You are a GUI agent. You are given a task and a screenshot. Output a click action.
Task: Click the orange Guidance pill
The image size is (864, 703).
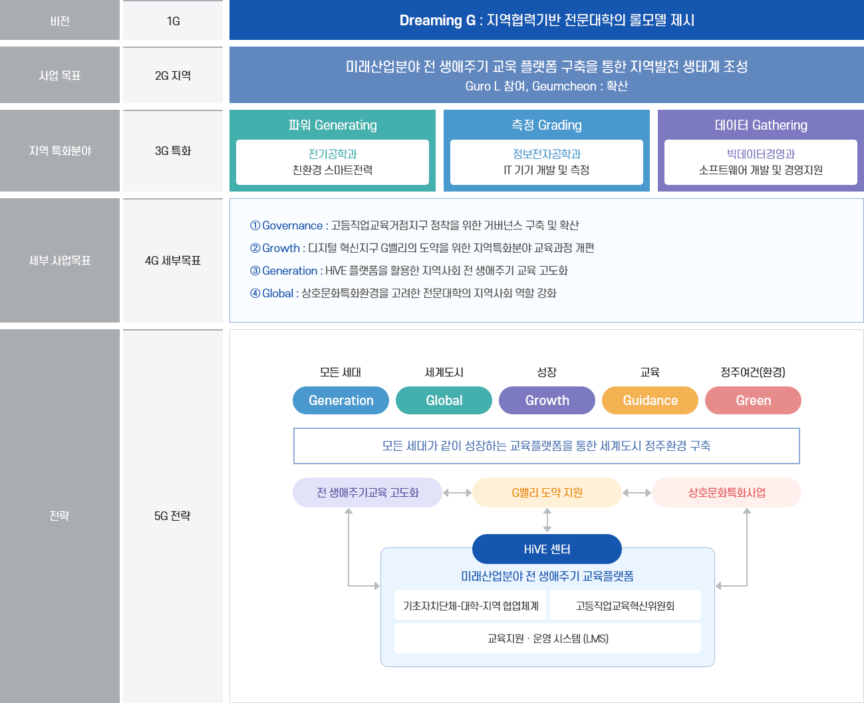(x=650, y=400)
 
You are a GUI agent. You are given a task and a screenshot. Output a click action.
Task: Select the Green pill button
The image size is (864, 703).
(x=753, y=400)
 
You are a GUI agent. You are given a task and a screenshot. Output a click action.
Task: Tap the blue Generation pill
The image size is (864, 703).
(x=341, y=400)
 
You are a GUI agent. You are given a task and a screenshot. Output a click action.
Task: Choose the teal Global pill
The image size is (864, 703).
(x=444, y=400)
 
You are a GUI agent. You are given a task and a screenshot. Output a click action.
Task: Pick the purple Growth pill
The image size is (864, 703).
(x=547, y=400)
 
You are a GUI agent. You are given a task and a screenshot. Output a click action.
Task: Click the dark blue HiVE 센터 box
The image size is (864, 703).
(x=547, y=549)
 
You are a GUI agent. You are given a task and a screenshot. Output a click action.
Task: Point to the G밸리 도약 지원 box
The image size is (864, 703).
(x=547, y=492)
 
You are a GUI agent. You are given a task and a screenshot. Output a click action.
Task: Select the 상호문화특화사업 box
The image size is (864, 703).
(x=726, y=492)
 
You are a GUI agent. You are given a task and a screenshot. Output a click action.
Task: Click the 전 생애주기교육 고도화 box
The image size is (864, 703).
(x=367, y=492)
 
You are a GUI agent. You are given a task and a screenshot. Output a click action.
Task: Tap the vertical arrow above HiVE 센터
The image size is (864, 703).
(x=547, y=520)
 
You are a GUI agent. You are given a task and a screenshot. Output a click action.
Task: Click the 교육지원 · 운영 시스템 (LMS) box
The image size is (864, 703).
(x=547, y=638)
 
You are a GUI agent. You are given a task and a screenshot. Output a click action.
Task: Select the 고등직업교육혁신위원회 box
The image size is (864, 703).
(x=625, y=605)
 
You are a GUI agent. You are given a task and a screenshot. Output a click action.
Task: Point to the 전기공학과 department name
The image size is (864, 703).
(x=333, y=154)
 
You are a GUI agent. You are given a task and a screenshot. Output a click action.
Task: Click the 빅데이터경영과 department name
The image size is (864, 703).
(x=760, y=154)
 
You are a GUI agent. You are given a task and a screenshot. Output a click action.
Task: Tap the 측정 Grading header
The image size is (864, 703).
(x=546, y=125)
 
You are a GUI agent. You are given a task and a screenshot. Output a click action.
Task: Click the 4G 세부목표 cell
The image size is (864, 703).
(x=173, y=261)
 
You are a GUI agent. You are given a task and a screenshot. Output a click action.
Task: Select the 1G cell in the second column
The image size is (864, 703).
(x=173, y=20)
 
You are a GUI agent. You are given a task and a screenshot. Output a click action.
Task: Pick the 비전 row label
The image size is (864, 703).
(x=60, y=20)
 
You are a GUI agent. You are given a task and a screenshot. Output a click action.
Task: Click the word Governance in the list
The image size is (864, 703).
(x=292, y=225)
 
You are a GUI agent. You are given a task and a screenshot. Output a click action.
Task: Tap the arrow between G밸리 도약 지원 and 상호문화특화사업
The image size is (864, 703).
(x=637, y=493)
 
